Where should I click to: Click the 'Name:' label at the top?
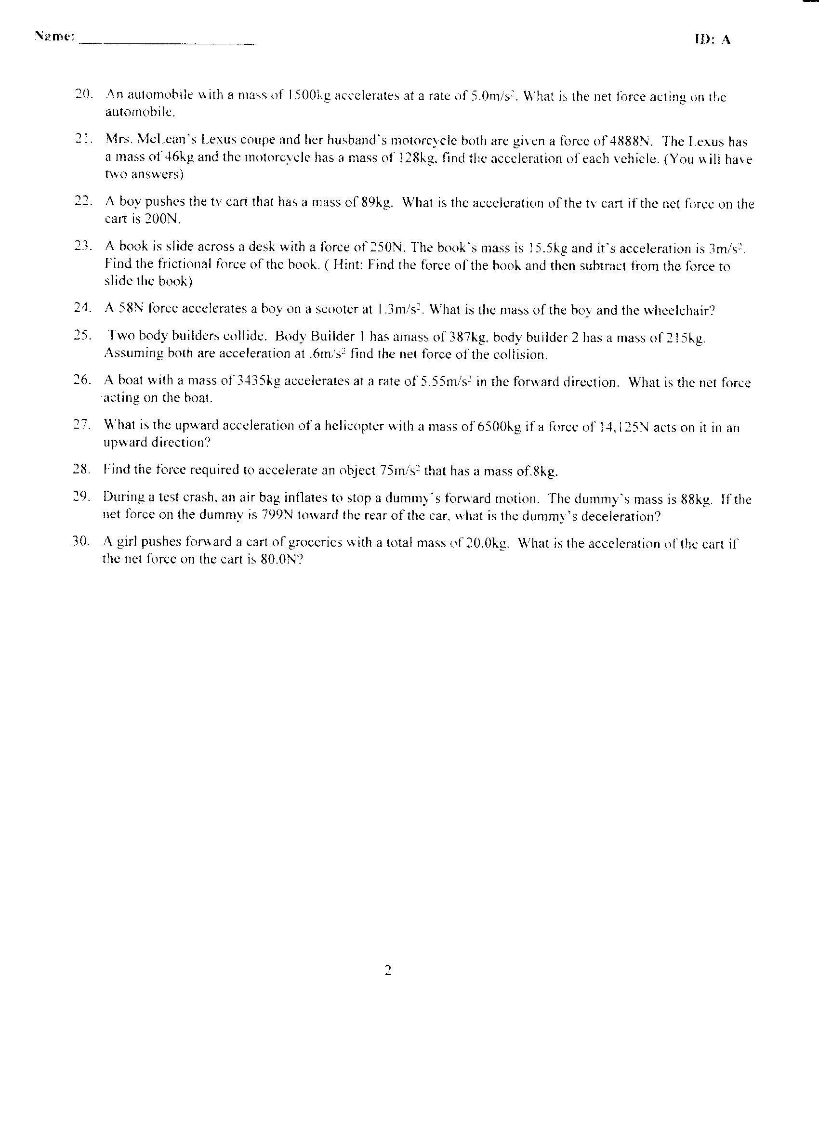click(54, 36)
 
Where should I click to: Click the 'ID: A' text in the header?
click(712, 40)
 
